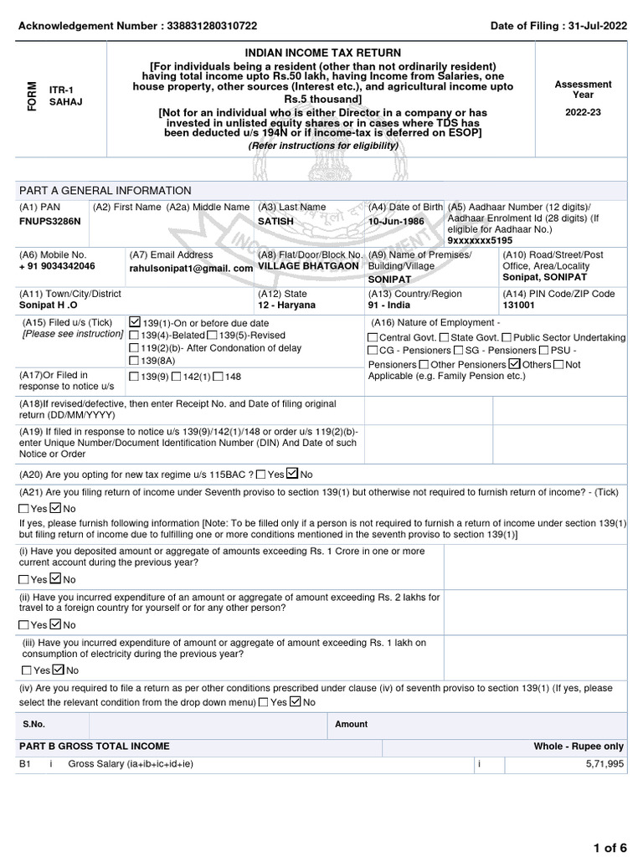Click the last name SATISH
point(275,222)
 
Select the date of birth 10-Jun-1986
point(396,222)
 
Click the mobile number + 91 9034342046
point(57,266)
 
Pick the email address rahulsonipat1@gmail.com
point(191,268)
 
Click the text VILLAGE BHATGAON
point(308,266)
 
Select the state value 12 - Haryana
point(287,305)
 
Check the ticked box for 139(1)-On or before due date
point(136,321)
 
